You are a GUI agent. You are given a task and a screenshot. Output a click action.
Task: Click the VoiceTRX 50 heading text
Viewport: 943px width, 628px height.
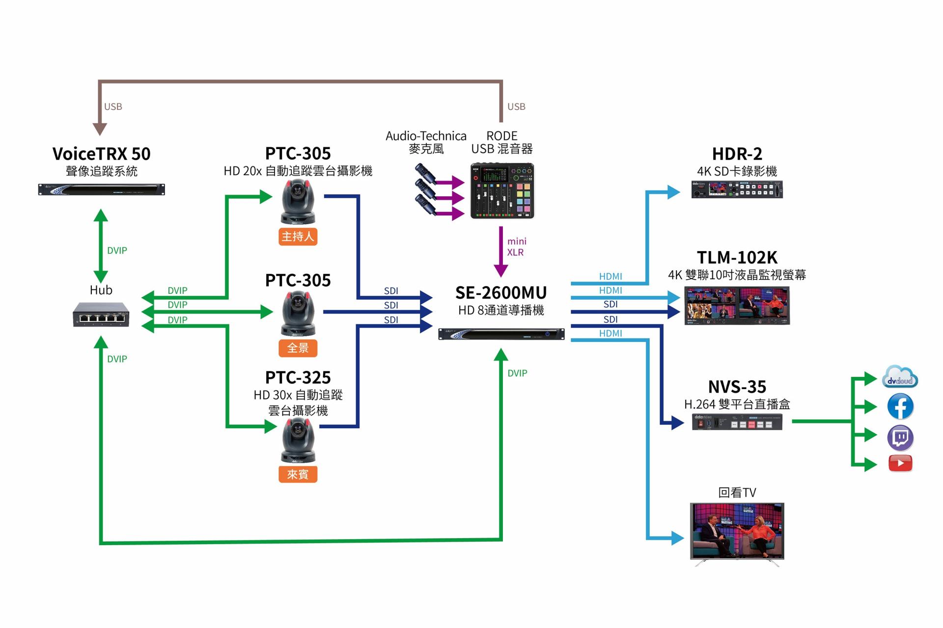pos(101,154)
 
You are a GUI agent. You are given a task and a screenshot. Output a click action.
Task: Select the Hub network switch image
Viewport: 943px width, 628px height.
pos(101,314)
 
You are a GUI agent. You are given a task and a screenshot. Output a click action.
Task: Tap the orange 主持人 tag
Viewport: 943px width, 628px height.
pos(298,236)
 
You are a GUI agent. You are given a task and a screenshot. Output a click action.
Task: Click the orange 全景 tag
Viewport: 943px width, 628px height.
pos(298,348)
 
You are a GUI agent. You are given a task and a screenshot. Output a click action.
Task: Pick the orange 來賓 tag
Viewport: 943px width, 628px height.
pos(298,474)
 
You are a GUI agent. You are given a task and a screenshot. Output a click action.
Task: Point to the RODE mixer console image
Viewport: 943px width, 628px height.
pos(502,191)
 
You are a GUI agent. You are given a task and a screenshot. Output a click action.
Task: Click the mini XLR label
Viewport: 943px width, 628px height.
pos(516,247)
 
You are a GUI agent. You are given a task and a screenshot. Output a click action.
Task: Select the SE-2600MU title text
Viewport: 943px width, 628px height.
pos(501,293)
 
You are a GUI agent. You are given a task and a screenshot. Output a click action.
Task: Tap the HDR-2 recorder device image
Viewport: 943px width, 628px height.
pos(737,189)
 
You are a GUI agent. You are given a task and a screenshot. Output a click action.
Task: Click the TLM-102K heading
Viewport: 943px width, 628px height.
pos(737,258)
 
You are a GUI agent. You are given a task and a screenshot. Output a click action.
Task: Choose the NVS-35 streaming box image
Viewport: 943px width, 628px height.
pos(737,422)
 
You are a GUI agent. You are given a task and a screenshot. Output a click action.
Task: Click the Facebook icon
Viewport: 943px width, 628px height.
pos(900,406)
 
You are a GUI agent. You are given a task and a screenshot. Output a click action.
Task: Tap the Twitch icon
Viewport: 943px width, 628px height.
pos(900,438)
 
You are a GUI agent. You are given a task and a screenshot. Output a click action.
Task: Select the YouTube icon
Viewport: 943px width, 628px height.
pos(900,463)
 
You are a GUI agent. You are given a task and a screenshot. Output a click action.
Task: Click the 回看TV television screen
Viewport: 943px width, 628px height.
pos(737,531)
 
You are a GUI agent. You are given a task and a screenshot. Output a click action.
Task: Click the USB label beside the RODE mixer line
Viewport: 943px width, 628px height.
pos(516,106)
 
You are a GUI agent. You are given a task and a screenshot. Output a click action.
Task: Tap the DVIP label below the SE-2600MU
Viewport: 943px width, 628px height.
pos(517,373)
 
